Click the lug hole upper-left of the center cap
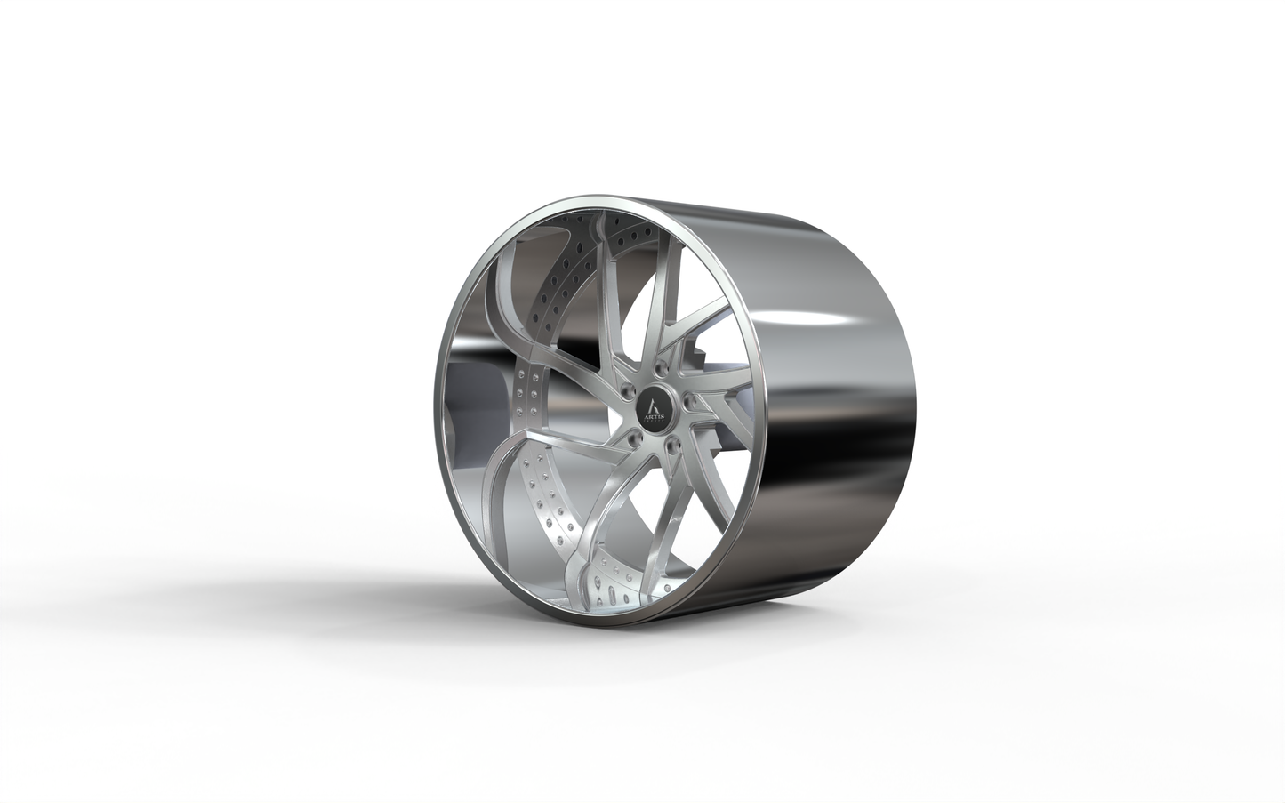click(x=628, y=390)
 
